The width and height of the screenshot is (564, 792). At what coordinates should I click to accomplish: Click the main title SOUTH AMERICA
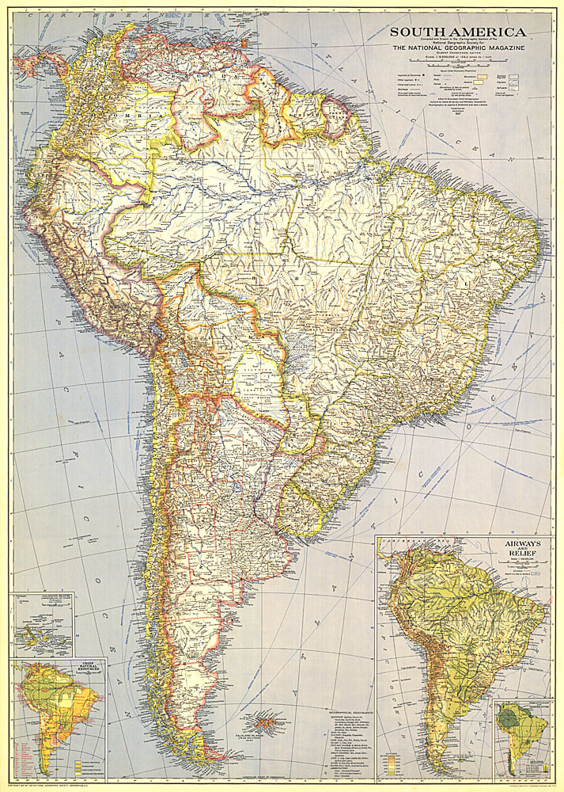point(456,32)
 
